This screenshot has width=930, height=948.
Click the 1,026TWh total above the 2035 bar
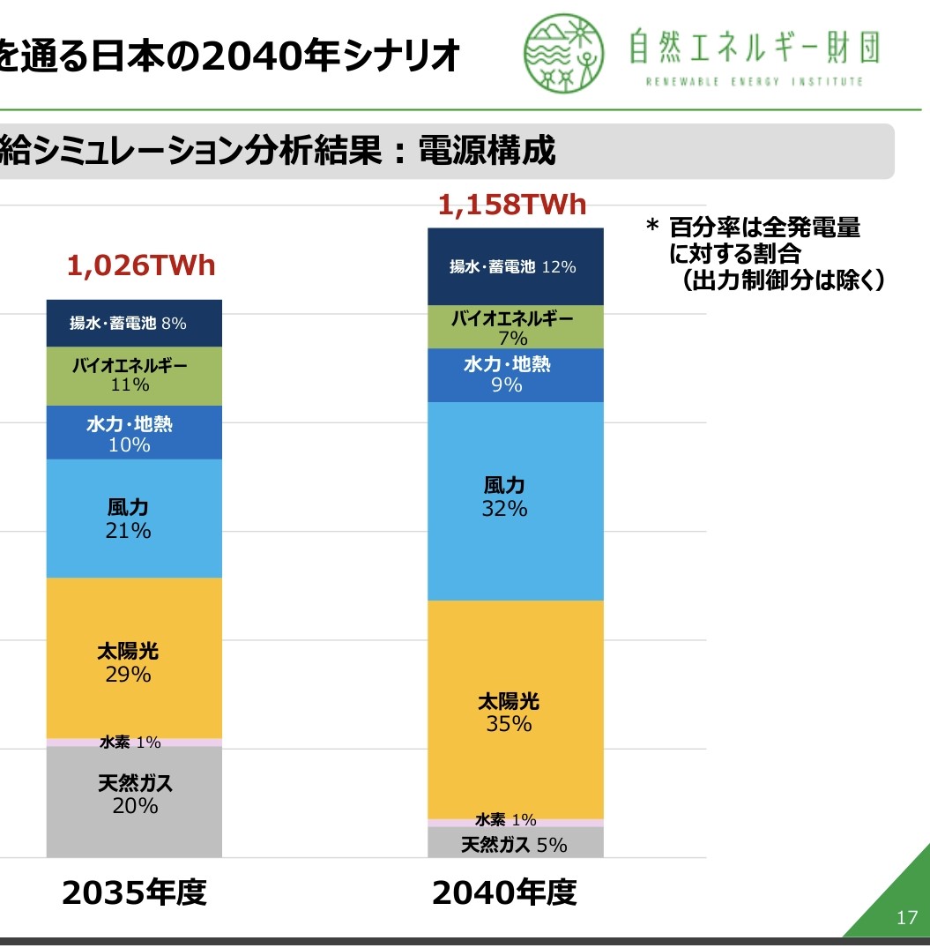pyautogui.click(x=141, y=266)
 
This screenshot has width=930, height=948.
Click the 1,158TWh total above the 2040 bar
pyautogui.click(x=511, y=205)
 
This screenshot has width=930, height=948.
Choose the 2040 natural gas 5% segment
pyautogui.click(x=516, y=844)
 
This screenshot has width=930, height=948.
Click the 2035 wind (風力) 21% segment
pyautogui.click(x=134, y=518)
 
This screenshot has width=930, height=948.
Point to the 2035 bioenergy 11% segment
pyautogui.click(x=134, y=375)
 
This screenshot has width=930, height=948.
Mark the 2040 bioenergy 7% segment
pyautogui.click(x=516, y=327)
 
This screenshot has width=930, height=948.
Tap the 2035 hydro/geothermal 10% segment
pyautogui.click(x=134, y=433)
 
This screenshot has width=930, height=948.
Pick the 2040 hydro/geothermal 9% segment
pyautogui.click(x=516, y=375)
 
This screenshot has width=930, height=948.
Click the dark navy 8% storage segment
pyautogui.click(x=134, y=323)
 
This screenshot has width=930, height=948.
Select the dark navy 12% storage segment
pyautogui.click(x=516, y=266)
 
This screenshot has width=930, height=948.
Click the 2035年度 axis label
pyautogui.click(x=134, y=893)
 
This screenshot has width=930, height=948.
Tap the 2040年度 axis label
pyautogui.click(x=504, y=893)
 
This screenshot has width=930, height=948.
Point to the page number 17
pyautogui.click(x=906, y=918)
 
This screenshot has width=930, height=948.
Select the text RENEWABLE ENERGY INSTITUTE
pyautogui.click(x=754, y=82)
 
